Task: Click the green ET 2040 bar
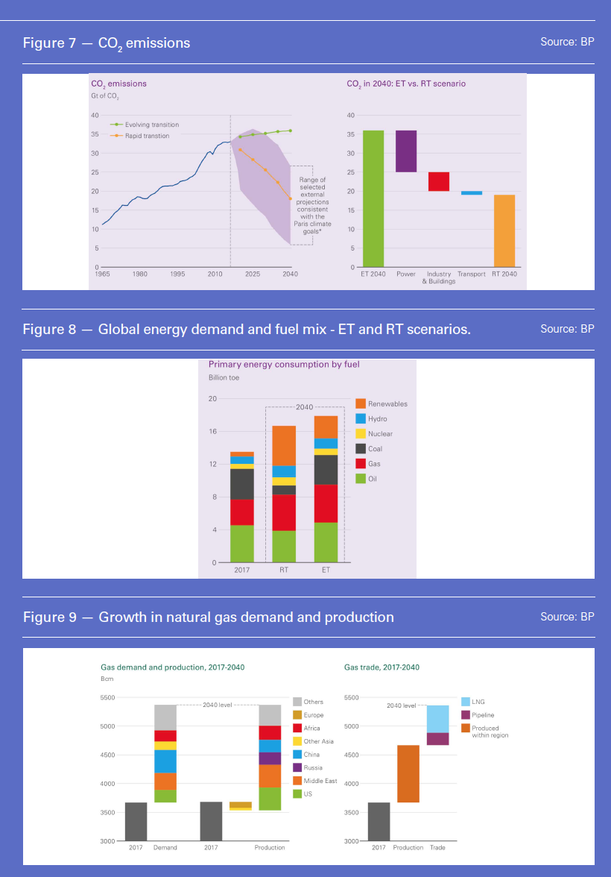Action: pos(373,198)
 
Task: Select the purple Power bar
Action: pos(406,151)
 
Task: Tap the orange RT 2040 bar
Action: pos(504,230)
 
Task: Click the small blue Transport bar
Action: pos(472,193)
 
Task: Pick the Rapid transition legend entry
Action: pos(146,136)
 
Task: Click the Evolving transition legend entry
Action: pos(151,125)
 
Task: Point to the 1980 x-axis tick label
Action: pos(139,274)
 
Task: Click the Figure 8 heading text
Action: pos(247,329)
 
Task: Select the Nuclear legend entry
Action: pos(380,434)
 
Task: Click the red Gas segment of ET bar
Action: pos(326,503)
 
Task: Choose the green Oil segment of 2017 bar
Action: pos(242,544)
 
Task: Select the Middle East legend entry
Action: pos(320,781)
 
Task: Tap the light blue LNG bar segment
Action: pos(438,719)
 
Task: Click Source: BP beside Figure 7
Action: pos(567,42)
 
